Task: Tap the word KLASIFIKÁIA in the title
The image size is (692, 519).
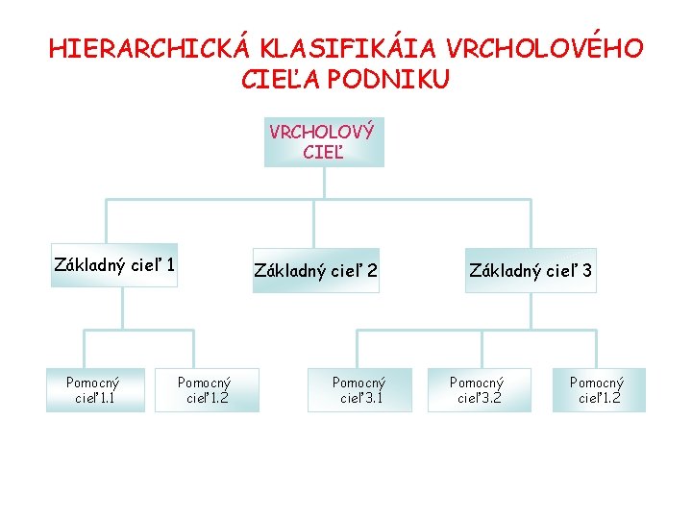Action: [x=337, y=48]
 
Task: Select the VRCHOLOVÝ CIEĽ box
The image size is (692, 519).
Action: [x=323, y=142]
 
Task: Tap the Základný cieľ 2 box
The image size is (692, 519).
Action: [x=315, y=272]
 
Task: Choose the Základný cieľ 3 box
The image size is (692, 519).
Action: [x=531, y=272]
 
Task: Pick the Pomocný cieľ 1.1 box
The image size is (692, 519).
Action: [x=93, y=390]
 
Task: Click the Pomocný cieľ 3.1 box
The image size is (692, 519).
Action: [x=358, y=390]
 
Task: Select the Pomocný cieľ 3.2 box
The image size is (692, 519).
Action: [x=478, y=390]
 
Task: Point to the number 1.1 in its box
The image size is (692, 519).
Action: [x=105, y=398]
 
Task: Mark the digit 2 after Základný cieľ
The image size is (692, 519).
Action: [x=372, y=272]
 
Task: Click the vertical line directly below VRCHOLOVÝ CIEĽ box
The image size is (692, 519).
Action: [x=324, y=183]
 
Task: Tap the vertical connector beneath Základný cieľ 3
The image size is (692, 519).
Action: [x=530, y=311]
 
